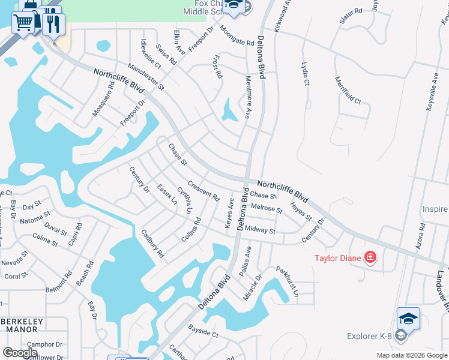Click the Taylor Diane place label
click(338, 259)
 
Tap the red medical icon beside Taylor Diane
click(370, 258)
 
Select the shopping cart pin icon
click(23, 23)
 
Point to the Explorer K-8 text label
click(372, 336)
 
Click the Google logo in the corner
click(20, 353)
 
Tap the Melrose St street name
click(267, 208)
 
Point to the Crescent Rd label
click(203, 191)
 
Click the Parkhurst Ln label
click(287, 280)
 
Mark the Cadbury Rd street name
click(152, 243)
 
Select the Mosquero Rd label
click(103, 100)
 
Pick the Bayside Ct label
click(203, 331)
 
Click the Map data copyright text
click(411, 355)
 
